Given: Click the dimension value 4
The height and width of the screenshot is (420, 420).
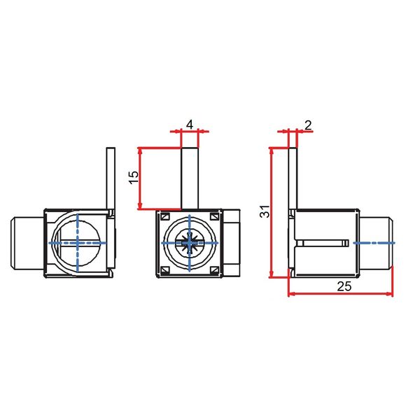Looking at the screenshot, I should click(x=189, y=124).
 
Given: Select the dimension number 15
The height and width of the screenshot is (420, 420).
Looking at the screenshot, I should click(x=133, y=178).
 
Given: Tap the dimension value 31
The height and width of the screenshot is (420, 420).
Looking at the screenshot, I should click(x=264, y=211).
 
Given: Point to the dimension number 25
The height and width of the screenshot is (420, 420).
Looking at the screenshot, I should click(x=343, y=286).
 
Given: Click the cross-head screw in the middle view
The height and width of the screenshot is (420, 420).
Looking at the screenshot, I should click(x=190, y=243).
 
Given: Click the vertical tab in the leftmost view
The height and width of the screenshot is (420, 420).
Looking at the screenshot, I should click(x=110, y=178).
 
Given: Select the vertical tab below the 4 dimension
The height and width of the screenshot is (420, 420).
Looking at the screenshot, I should click(x=190, y=178).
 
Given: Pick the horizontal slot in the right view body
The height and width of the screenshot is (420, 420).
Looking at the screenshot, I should click(x=322, y=243).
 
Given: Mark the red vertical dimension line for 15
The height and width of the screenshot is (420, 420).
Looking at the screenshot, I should click(x=141, y=178).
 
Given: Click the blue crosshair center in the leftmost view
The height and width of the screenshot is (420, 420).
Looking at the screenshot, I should click(x=77, y=242).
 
